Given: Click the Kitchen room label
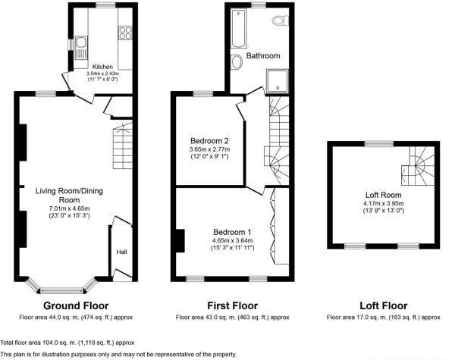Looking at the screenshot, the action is pos(102,67).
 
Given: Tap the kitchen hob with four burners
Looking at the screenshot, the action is pos(125,33).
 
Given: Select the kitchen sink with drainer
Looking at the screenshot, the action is pos(81,48).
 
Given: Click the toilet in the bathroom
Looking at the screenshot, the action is pos(281,21).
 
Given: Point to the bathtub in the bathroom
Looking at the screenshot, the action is pos(239,28).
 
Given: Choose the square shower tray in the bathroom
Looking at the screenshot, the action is pos(277,81).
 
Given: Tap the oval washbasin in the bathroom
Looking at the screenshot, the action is pos(237,62).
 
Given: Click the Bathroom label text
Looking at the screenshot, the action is pos(263,55).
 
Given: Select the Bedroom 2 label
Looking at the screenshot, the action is pos(209,141).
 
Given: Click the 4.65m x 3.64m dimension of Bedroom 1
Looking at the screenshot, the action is pos(233,240).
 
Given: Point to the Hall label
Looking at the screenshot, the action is pos(121,252).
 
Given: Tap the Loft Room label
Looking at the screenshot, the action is pos(383,195).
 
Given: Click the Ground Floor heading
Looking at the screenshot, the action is pos(76,305).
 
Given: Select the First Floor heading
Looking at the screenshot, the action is pos(233,305).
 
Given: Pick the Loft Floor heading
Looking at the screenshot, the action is pos(383,305).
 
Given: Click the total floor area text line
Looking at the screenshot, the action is pos(67,343).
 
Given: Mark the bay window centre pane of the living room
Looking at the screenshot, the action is pos(61,291).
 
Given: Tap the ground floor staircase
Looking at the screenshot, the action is pos(123,146).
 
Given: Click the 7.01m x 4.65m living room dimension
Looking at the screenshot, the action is pos(69,208).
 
